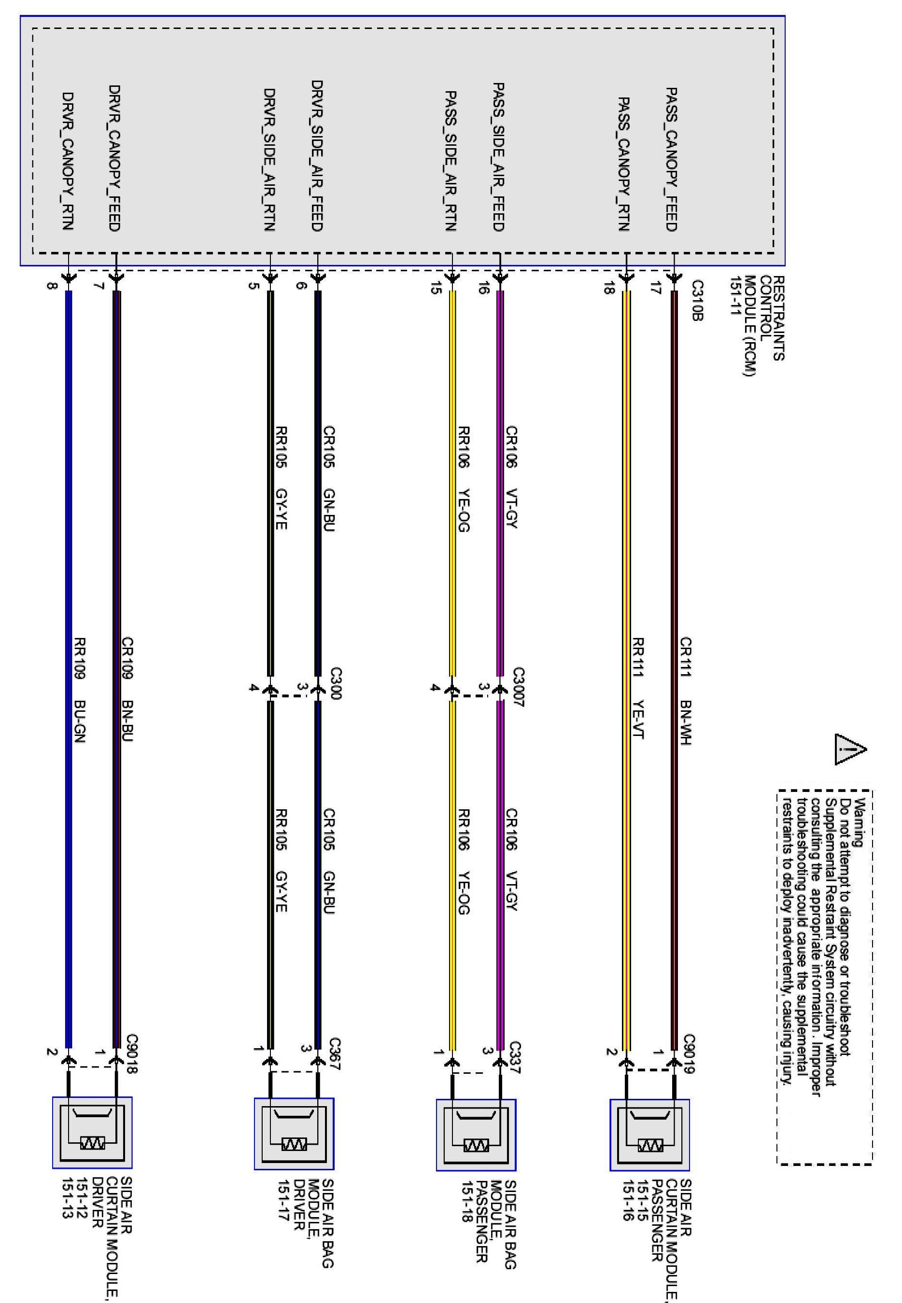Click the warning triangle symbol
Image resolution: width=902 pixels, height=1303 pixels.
pos(850,750)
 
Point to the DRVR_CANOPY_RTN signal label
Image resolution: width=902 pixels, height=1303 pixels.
pos(68,161)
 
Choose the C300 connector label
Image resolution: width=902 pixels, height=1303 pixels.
pos(336,683)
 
